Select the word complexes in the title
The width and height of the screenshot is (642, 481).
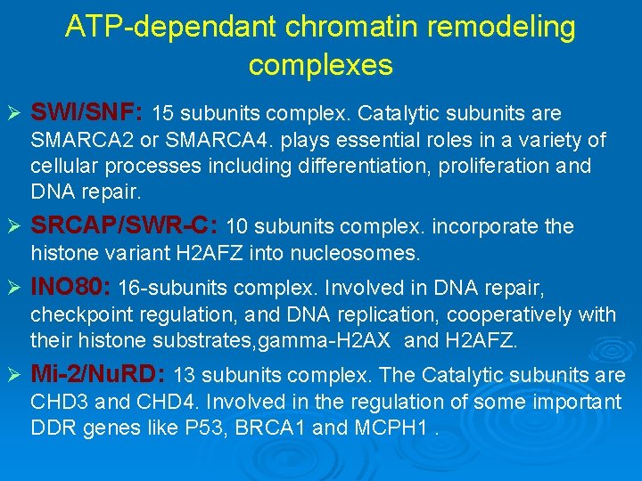coord(320,65)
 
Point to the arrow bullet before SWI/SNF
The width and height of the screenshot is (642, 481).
coord(15,114)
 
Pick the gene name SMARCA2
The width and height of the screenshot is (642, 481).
coord(80,141)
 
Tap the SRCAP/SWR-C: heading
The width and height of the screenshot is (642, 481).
coord(125,226)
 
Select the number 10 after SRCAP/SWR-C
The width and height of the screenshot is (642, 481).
coord(239,227)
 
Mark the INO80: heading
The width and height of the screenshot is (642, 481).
coord(70,288)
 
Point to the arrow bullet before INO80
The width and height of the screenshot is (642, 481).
coord(15,289)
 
